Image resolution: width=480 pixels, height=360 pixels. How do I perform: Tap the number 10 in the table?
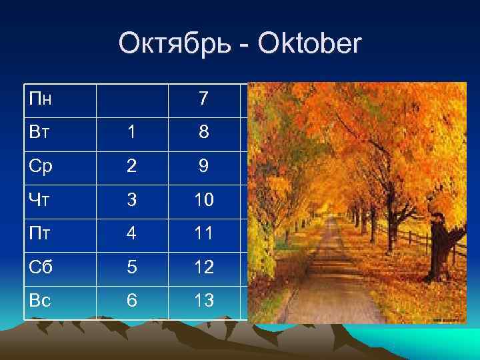203,200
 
